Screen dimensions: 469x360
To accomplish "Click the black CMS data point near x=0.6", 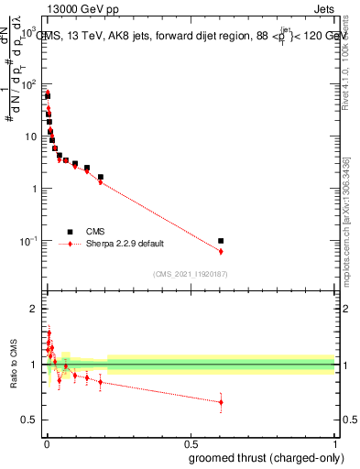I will point(221,241).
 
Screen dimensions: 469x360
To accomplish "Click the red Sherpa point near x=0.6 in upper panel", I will point(221,251).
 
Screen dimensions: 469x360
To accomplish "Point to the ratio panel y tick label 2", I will point(33,309).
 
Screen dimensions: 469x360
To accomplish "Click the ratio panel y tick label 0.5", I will point(28,420).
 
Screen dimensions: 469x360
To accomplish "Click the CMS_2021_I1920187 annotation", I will point(190,273).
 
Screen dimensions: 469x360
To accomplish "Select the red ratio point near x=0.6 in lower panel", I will point(221,401).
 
